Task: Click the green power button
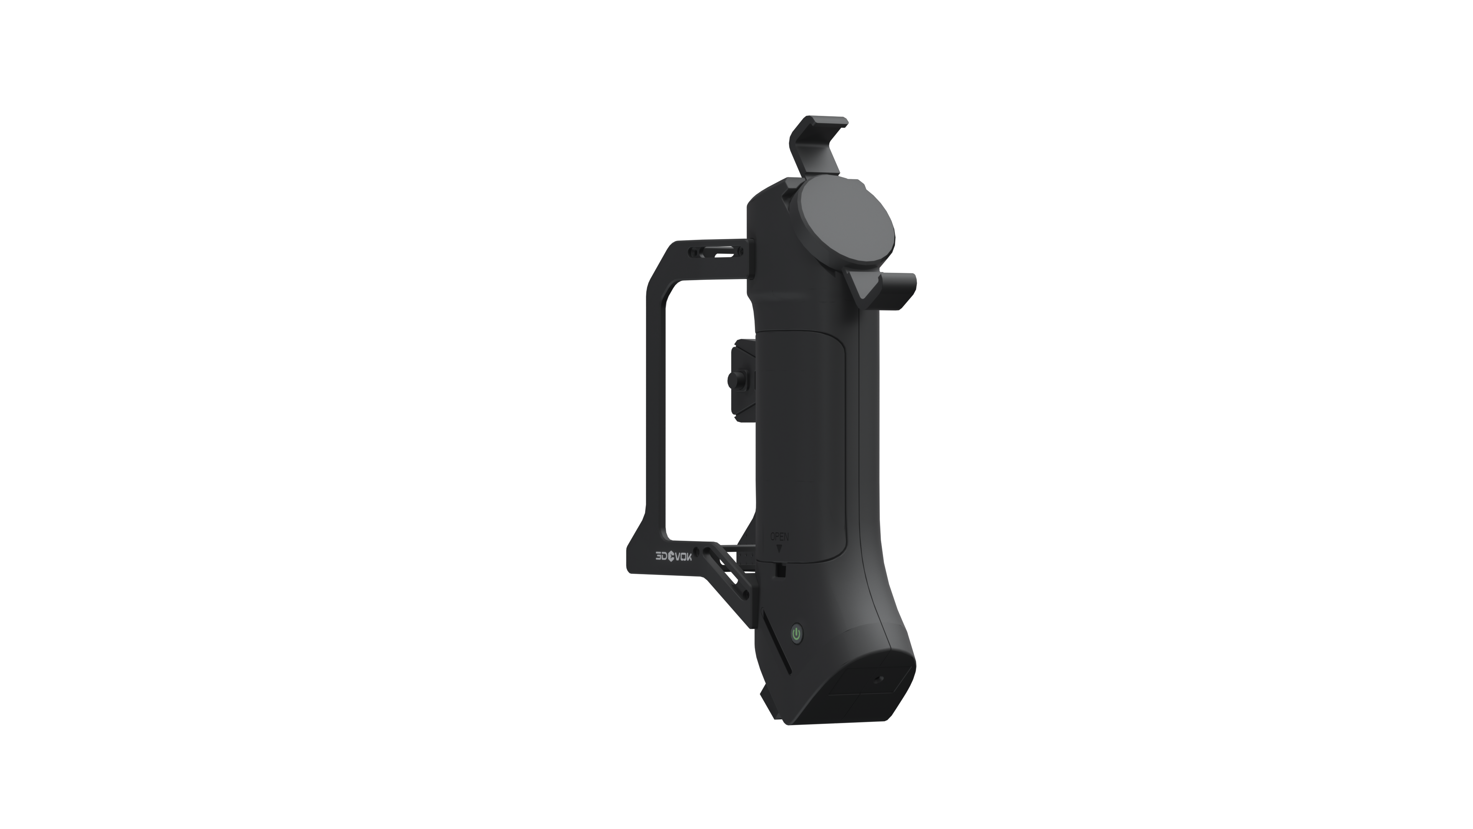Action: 797,634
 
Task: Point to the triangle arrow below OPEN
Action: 779,548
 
